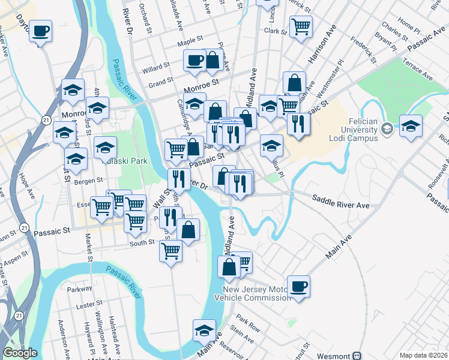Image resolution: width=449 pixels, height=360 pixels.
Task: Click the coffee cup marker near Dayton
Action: tap(40, 30)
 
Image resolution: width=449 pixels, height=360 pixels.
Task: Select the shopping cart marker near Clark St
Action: tap(300, 26)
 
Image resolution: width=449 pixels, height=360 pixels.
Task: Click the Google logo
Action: tap(20, 353)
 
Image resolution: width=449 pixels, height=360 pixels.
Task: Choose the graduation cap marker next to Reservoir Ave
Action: tap(204, 331)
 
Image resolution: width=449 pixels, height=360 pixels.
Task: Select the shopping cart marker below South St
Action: tap(170, 251)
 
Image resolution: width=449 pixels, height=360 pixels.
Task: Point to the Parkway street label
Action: tap(80, 289)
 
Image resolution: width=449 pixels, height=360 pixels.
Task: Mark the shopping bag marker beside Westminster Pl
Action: tap(294, 83)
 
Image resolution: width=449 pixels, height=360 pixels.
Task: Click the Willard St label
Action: tap(154, 70)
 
